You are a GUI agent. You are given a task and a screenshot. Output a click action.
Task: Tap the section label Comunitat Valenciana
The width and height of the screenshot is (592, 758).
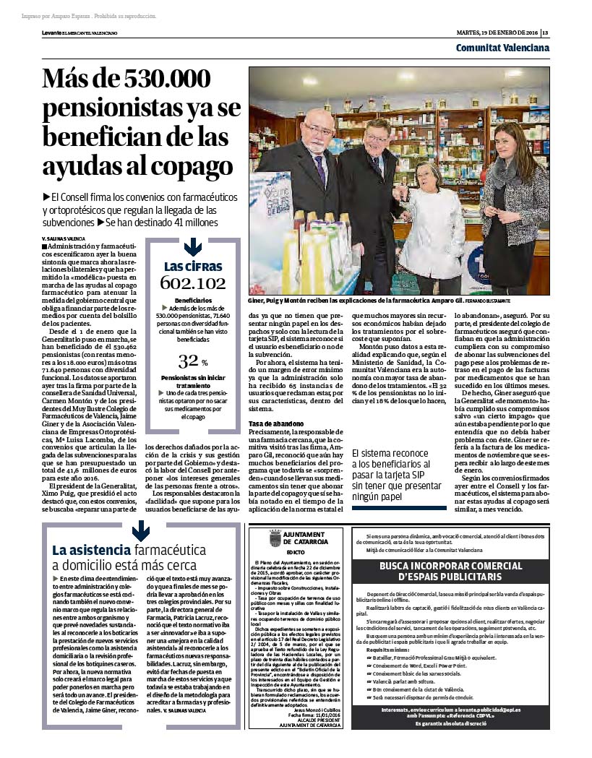point(502,48)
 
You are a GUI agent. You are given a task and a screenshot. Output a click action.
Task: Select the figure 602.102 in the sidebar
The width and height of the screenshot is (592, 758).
point(192,283)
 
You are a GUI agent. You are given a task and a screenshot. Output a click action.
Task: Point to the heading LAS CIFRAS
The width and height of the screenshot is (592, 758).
point(192,266)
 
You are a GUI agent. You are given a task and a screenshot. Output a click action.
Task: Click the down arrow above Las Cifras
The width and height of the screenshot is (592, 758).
point(192,248)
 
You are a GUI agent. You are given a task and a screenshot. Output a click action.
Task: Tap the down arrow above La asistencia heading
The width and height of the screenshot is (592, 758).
point(141,532)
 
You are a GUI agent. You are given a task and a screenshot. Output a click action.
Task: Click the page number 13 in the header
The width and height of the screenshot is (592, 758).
point(546,33)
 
